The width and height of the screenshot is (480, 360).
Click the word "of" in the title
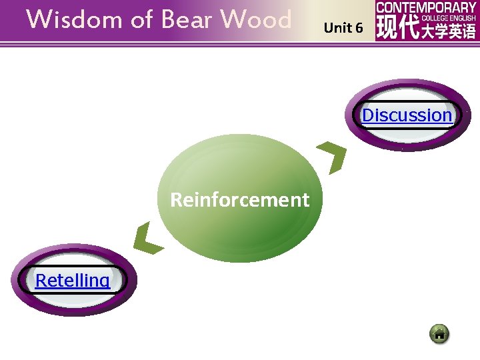click(x=141, y=20)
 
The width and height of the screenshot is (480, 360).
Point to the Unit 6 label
click(x=343, y=28)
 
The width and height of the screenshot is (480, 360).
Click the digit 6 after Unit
click(x=359, y=28)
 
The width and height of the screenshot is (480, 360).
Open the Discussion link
click(x=407, y=115)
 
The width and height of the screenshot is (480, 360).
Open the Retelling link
click(x=72, y=280)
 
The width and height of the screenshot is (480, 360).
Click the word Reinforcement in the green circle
click(x=240, y=199)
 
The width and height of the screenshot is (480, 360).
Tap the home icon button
click(x=439, y=333)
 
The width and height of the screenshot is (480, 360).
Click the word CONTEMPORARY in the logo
click(x=427, y=7)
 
